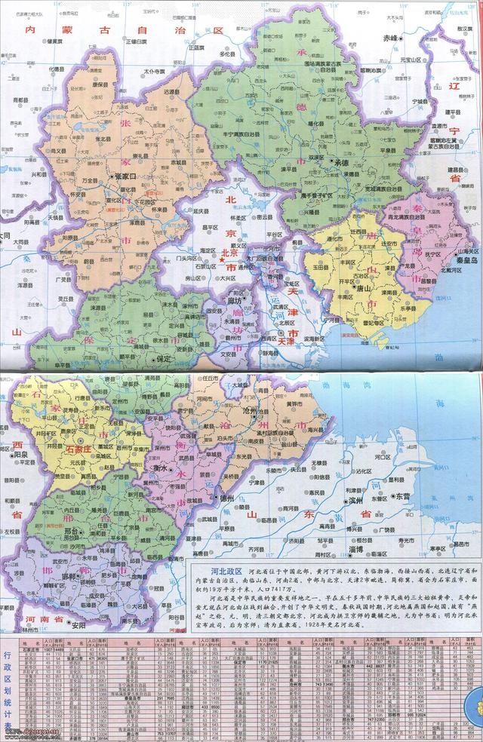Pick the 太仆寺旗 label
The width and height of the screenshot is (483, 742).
(x=154, y=71)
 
